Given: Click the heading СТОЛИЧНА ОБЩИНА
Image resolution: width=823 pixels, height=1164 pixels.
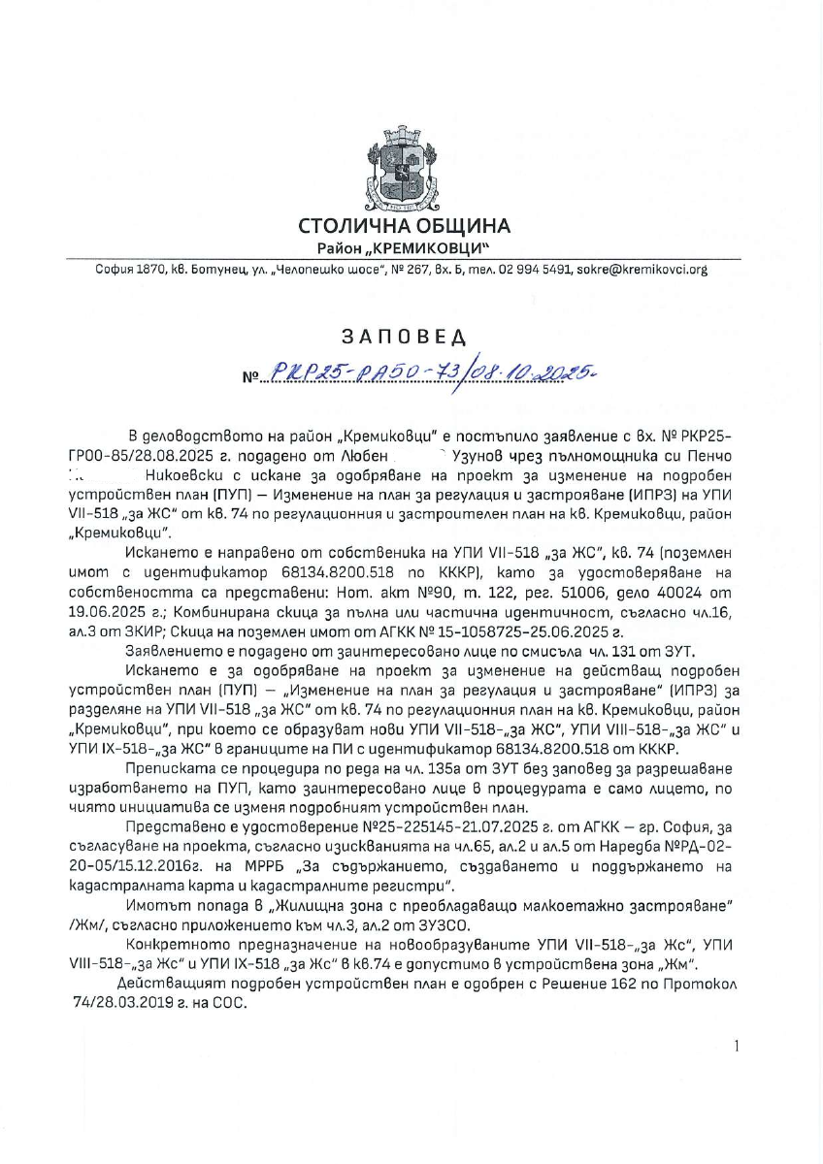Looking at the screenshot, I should point(404,227).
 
